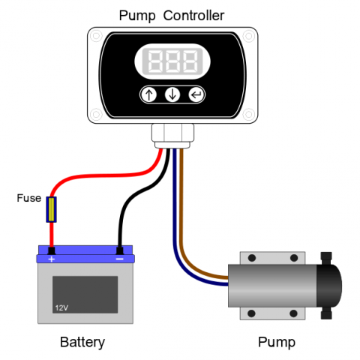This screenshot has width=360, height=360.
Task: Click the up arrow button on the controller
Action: coord(149,94)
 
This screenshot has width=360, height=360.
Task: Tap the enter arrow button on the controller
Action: coord(196,94)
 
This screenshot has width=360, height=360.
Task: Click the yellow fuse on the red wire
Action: coord(51,209)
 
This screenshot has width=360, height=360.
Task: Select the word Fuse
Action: coord(29,198)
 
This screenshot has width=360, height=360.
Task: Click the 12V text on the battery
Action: coord(61,307)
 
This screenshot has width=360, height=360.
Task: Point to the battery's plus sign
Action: coord(52,259)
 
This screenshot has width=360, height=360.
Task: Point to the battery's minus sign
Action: coord(120,259)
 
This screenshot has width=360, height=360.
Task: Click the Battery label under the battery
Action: coord(82,342)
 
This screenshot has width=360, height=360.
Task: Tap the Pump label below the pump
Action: coord(277,342)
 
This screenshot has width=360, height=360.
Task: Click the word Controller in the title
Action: coord(193,16)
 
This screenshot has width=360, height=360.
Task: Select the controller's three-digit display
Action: coord(172,61)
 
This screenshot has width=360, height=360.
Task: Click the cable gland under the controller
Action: coord(172,136)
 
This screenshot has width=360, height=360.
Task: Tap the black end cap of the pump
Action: coord(329,286)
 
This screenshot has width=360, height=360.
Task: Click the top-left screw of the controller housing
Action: coord(96,36)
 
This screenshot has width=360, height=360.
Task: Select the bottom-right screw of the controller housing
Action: coord(249,115)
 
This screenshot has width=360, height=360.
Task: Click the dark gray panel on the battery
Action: coord(85,295)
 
